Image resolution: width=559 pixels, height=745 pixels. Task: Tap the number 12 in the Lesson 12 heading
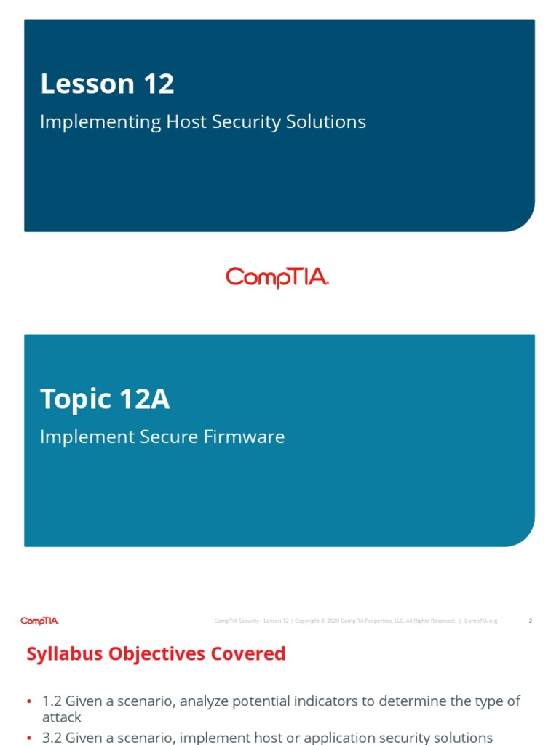[x=159, y=84]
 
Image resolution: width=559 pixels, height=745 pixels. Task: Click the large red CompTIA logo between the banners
[x=277, y=278]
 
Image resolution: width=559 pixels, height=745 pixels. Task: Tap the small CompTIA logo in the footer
[x=39, y=621]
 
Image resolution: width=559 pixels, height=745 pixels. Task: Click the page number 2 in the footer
[x=530, y=621]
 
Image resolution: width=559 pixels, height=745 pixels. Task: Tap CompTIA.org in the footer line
[x=480, y=621]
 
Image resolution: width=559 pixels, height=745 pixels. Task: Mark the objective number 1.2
[x=52, y=701]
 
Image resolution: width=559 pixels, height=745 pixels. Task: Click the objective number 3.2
[x=52, y=737]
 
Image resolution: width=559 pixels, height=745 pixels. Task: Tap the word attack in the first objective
[x=61, y=717]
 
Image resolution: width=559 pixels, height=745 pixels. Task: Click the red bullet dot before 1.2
[x=29, y=701]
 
